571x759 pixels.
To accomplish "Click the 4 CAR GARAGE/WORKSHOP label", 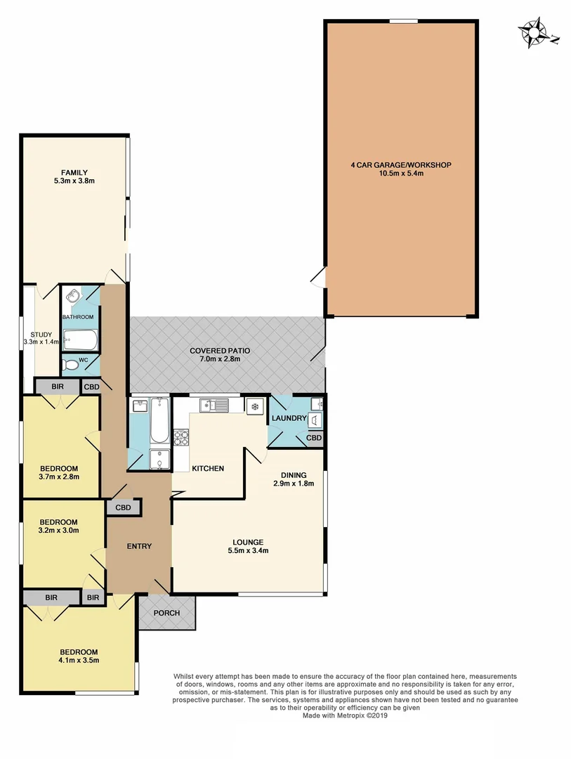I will [x=400, y=165].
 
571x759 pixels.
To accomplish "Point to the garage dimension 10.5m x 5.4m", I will [x=400, y=174].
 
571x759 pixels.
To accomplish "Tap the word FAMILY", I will [x=74, y=172].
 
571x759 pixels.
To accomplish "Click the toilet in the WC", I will [x=71, y=365].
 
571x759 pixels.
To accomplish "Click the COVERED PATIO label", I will [x=219, y=350].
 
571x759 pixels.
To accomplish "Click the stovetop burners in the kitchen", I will [x=181, y=437].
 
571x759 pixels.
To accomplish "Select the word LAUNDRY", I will [x=289, y=418].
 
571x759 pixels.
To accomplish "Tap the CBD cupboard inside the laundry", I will [x=314, y=438].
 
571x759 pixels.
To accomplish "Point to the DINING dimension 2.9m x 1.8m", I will [x=293, y=484].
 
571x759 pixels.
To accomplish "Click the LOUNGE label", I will [x=249, y=542].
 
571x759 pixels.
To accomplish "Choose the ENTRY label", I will [x=138, y=546].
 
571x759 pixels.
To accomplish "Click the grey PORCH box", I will [x=166, y=613].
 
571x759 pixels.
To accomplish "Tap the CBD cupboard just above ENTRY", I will [x=123, y=507].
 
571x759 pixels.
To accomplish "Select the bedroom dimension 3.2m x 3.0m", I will [x=58, y=531].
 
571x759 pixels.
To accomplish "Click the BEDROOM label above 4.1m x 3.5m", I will [x=78, y=651].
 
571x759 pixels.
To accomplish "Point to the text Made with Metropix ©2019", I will [x=345, y=716].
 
